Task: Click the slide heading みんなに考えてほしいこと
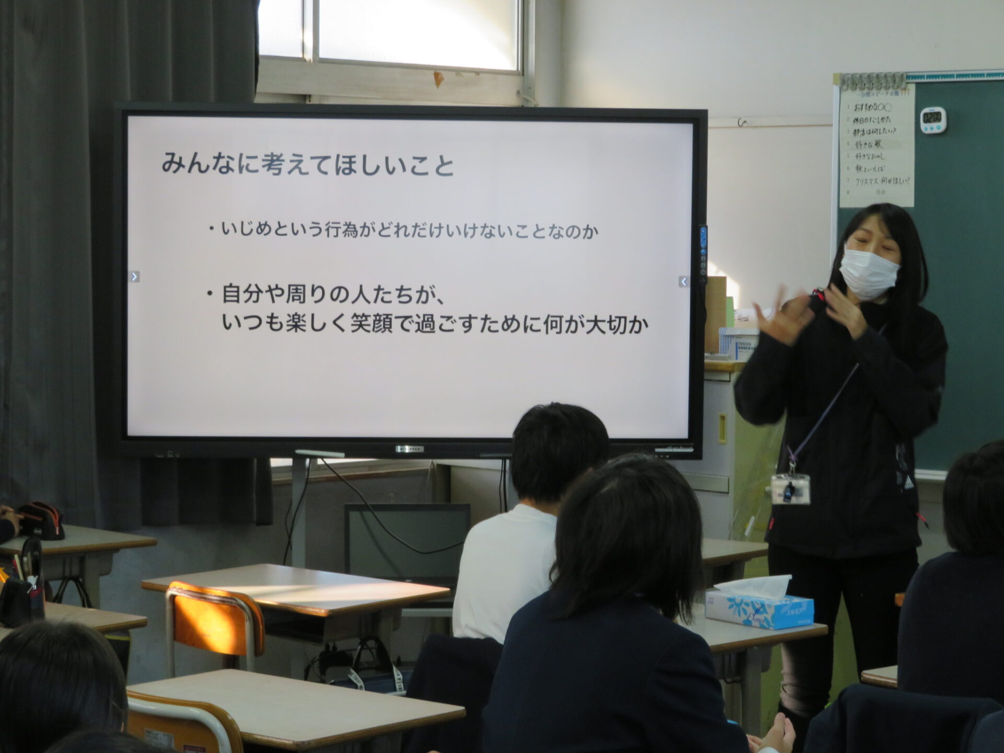(307, 165)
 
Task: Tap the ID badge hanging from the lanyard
(790, 489)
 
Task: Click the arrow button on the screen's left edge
(135, 277)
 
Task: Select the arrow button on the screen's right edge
(683, 282)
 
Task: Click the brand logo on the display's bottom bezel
(409, 449)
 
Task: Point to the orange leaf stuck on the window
(438, 79)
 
